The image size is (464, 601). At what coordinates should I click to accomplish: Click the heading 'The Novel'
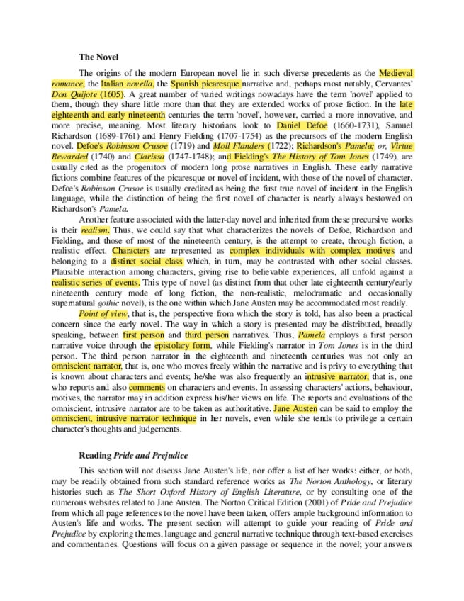pyautogui.click(x=98, y=57)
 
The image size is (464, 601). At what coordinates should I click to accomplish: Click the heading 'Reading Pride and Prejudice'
pyautogui.click(x=133, y=455)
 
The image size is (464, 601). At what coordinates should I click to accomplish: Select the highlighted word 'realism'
pyautogui.click(x=95, y=230)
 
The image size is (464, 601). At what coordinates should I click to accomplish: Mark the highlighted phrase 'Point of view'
pyautogui.click(x=103, y=313)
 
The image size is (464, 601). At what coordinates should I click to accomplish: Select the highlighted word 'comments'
pyautogui.click(x=147, y=387)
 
